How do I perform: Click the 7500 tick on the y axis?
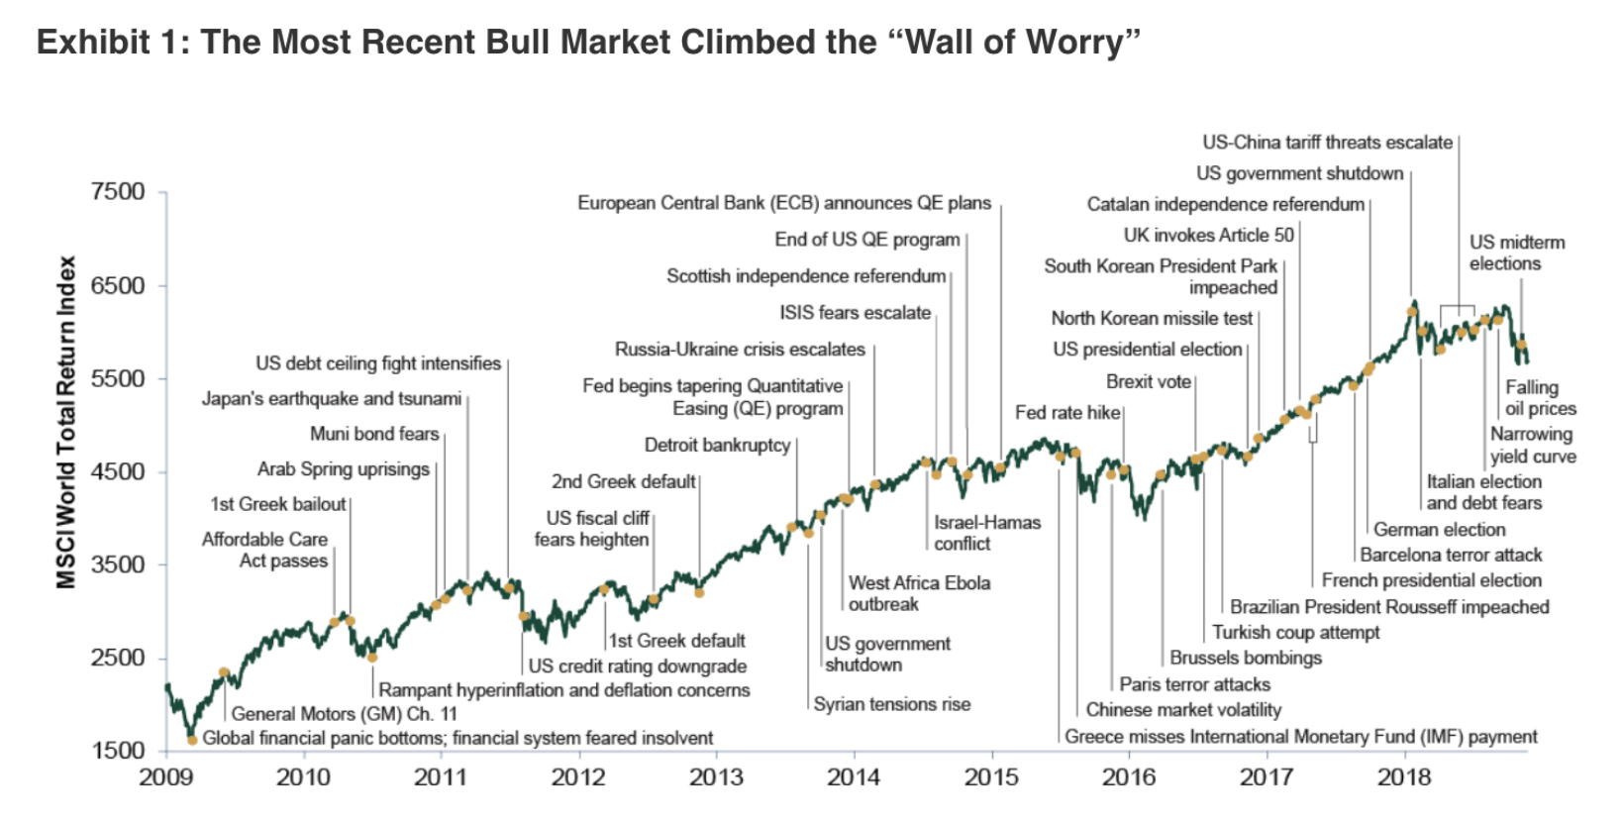click(118, 191)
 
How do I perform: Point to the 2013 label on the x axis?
click(716, 776)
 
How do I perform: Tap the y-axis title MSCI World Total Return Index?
click(66, 422)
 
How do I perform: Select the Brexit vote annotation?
click(1148, 381)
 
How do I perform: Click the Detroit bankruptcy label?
click(717, 445)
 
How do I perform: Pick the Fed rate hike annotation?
click(1066, 412)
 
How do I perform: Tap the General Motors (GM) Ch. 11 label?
click(344, 713)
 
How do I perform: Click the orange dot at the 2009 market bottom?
click(191, 739)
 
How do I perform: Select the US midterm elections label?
click(1516, 253)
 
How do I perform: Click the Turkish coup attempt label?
click(1295, 632)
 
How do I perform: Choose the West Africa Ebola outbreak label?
click(918, 593)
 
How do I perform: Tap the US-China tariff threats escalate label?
click(1327, 142)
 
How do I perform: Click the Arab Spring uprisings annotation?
click(343, 468)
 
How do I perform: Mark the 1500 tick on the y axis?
click(118, 751)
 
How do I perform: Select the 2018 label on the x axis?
click(1404, 776)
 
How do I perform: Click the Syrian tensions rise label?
click(891, 704)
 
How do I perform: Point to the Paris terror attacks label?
click(1194, 683)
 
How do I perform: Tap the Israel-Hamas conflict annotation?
click(986, 533)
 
